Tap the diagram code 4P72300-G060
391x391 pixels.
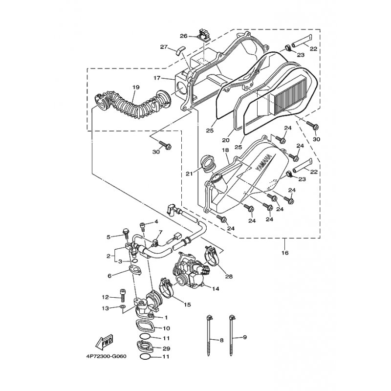coord(106,356)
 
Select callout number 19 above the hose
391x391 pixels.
coord(136,87)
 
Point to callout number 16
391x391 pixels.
coord(285,253)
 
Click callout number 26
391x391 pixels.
coord(184,36)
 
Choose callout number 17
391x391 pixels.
coord(157,78)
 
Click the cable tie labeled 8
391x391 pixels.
coord(209,335)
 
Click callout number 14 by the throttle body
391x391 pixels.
coord(216,289)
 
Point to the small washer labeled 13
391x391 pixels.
coord(123,306)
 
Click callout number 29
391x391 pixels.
coord(166,348)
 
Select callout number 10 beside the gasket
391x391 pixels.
coord(166,328)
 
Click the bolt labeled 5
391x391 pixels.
coord(126,235)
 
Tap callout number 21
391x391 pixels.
coord(189,173)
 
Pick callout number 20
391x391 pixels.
coord(226,140)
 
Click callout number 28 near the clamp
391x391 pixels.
coord(229,276)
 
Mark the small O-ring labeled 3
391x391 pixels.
coord(135,261)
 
